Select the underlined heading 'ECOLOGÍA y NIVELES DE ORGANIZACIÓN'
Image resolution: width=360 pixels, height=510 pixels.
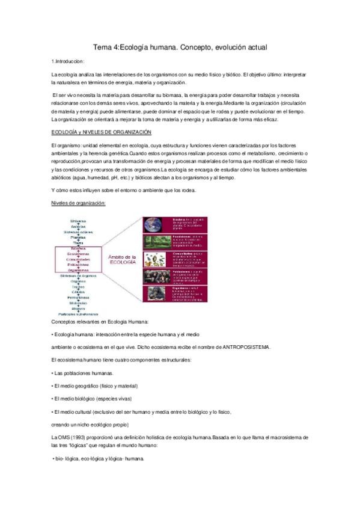(x=101, y=132)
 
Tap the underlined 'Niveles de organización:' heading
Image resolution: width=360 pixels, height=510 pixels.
(x=78, y=203)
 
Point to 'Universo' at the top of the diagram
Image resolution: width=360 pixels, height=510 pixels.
(x=78, y=221)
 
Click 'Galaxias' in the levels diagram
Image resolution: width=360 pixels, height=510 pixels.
(x=78, y=226)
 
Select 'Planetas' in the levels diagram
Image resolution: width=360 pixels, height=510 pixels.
(x=78, y=238)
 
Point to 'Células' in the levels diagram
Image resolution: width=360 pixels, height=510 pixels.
(x=78, y=292)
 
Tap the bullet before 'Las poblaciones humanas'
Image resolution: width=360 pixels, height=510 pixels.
(x=53, y=373)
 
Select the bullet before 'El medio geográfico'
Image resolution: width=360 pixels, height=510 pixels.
(x=53, y=386)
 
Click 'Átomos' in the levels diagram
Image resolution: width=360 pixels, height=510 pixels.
(x=78, y=309)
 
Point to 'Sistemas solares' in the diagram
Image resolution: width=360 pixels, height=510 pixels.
(x=78, y=232)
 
